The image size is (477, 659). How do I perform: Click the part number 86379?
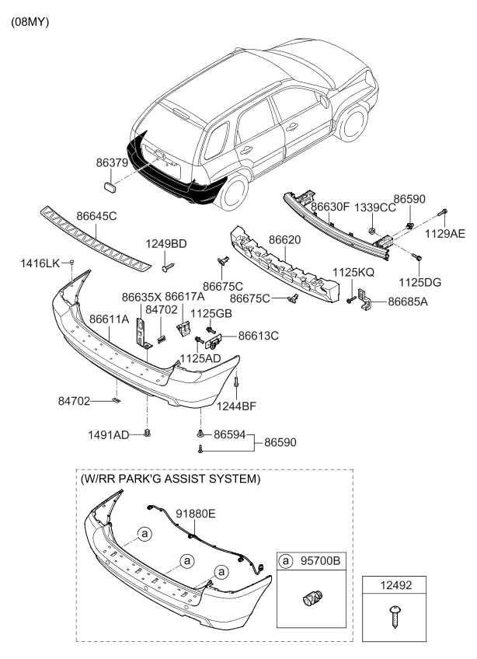113,166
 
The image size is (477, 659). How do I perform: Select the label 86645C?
96,216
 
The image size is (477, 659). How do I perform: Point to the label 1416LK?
40,264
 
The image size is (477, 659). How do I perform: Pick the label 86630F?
331,207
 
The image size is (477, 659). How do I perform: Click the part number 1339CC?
377,208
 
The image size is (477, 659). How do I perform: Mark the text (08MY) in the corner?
30,22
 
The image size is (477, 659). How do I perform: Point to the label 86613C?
258,336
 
